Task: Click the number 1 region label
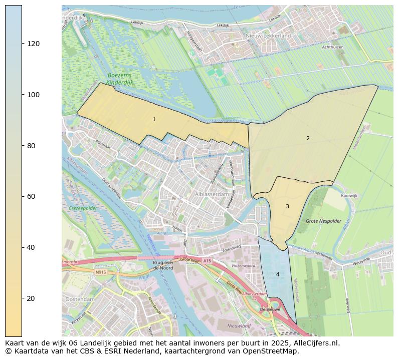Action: pyautogui.click(x=154, y=120)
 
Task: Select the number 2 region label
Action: pyautogui.click(x=308, y=138)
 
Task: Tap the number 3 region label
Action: pyautogui.click(x=287, y=206)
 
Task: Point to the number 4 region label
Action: pyautogui.click(x=278, y=274)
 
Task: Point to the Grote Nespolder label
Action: pyautogui.click(x=323, y=221)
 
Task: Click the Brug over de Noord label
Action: pyautogui.click(x=163, y=265)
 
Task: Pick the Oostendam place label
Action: pyautogui.click(x=80, y=299)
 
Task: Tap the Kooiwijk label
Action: pyautogui.click(x=349, y=196)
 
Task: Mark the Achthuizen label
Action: pyautogui.click(x=333, y=47)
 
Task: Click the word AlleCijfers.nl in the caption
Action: pyautogui.click(x=317, y=343)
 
